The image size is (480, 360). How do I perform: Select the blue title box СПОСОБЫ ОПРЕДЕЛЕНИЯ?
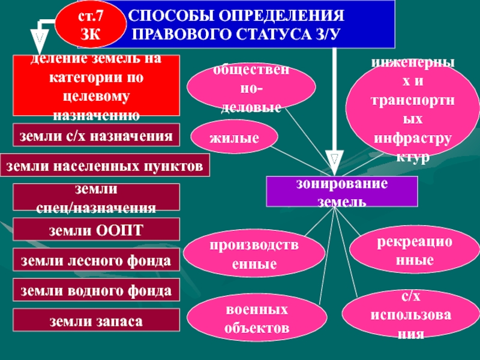click(252, 24)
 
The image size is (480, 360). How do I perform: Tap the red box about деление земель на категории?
click(97, 85)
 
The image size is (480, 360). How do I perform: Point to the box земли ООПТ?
click(97, 230)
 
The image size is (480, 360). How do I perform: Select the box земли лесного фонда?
click(97, 261)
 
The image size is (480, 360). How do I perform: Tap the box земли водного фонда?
click(97, 290)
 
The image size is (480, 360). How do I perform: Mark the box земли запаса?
click(97, 321)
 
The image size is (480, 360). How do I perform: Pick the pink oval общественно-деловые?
click(251, 89)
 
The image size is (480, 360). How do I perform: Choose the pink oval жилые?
click(235, 138)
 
